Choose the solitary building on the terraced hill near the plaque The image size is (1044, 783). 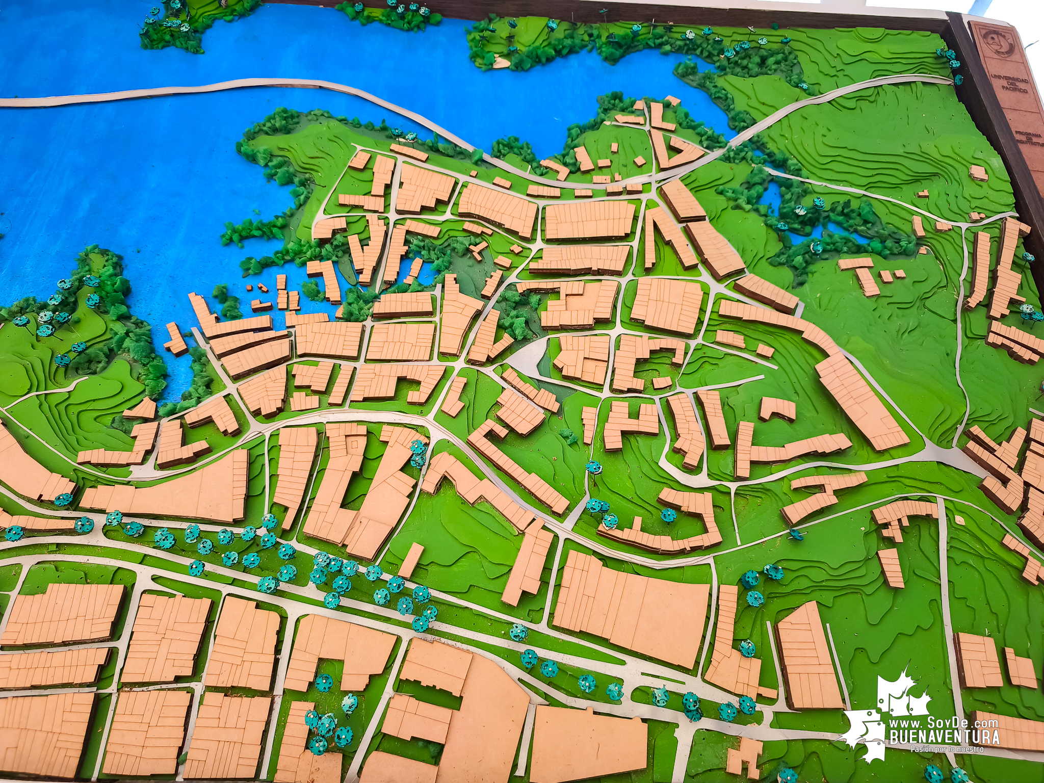click(978, 173)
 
